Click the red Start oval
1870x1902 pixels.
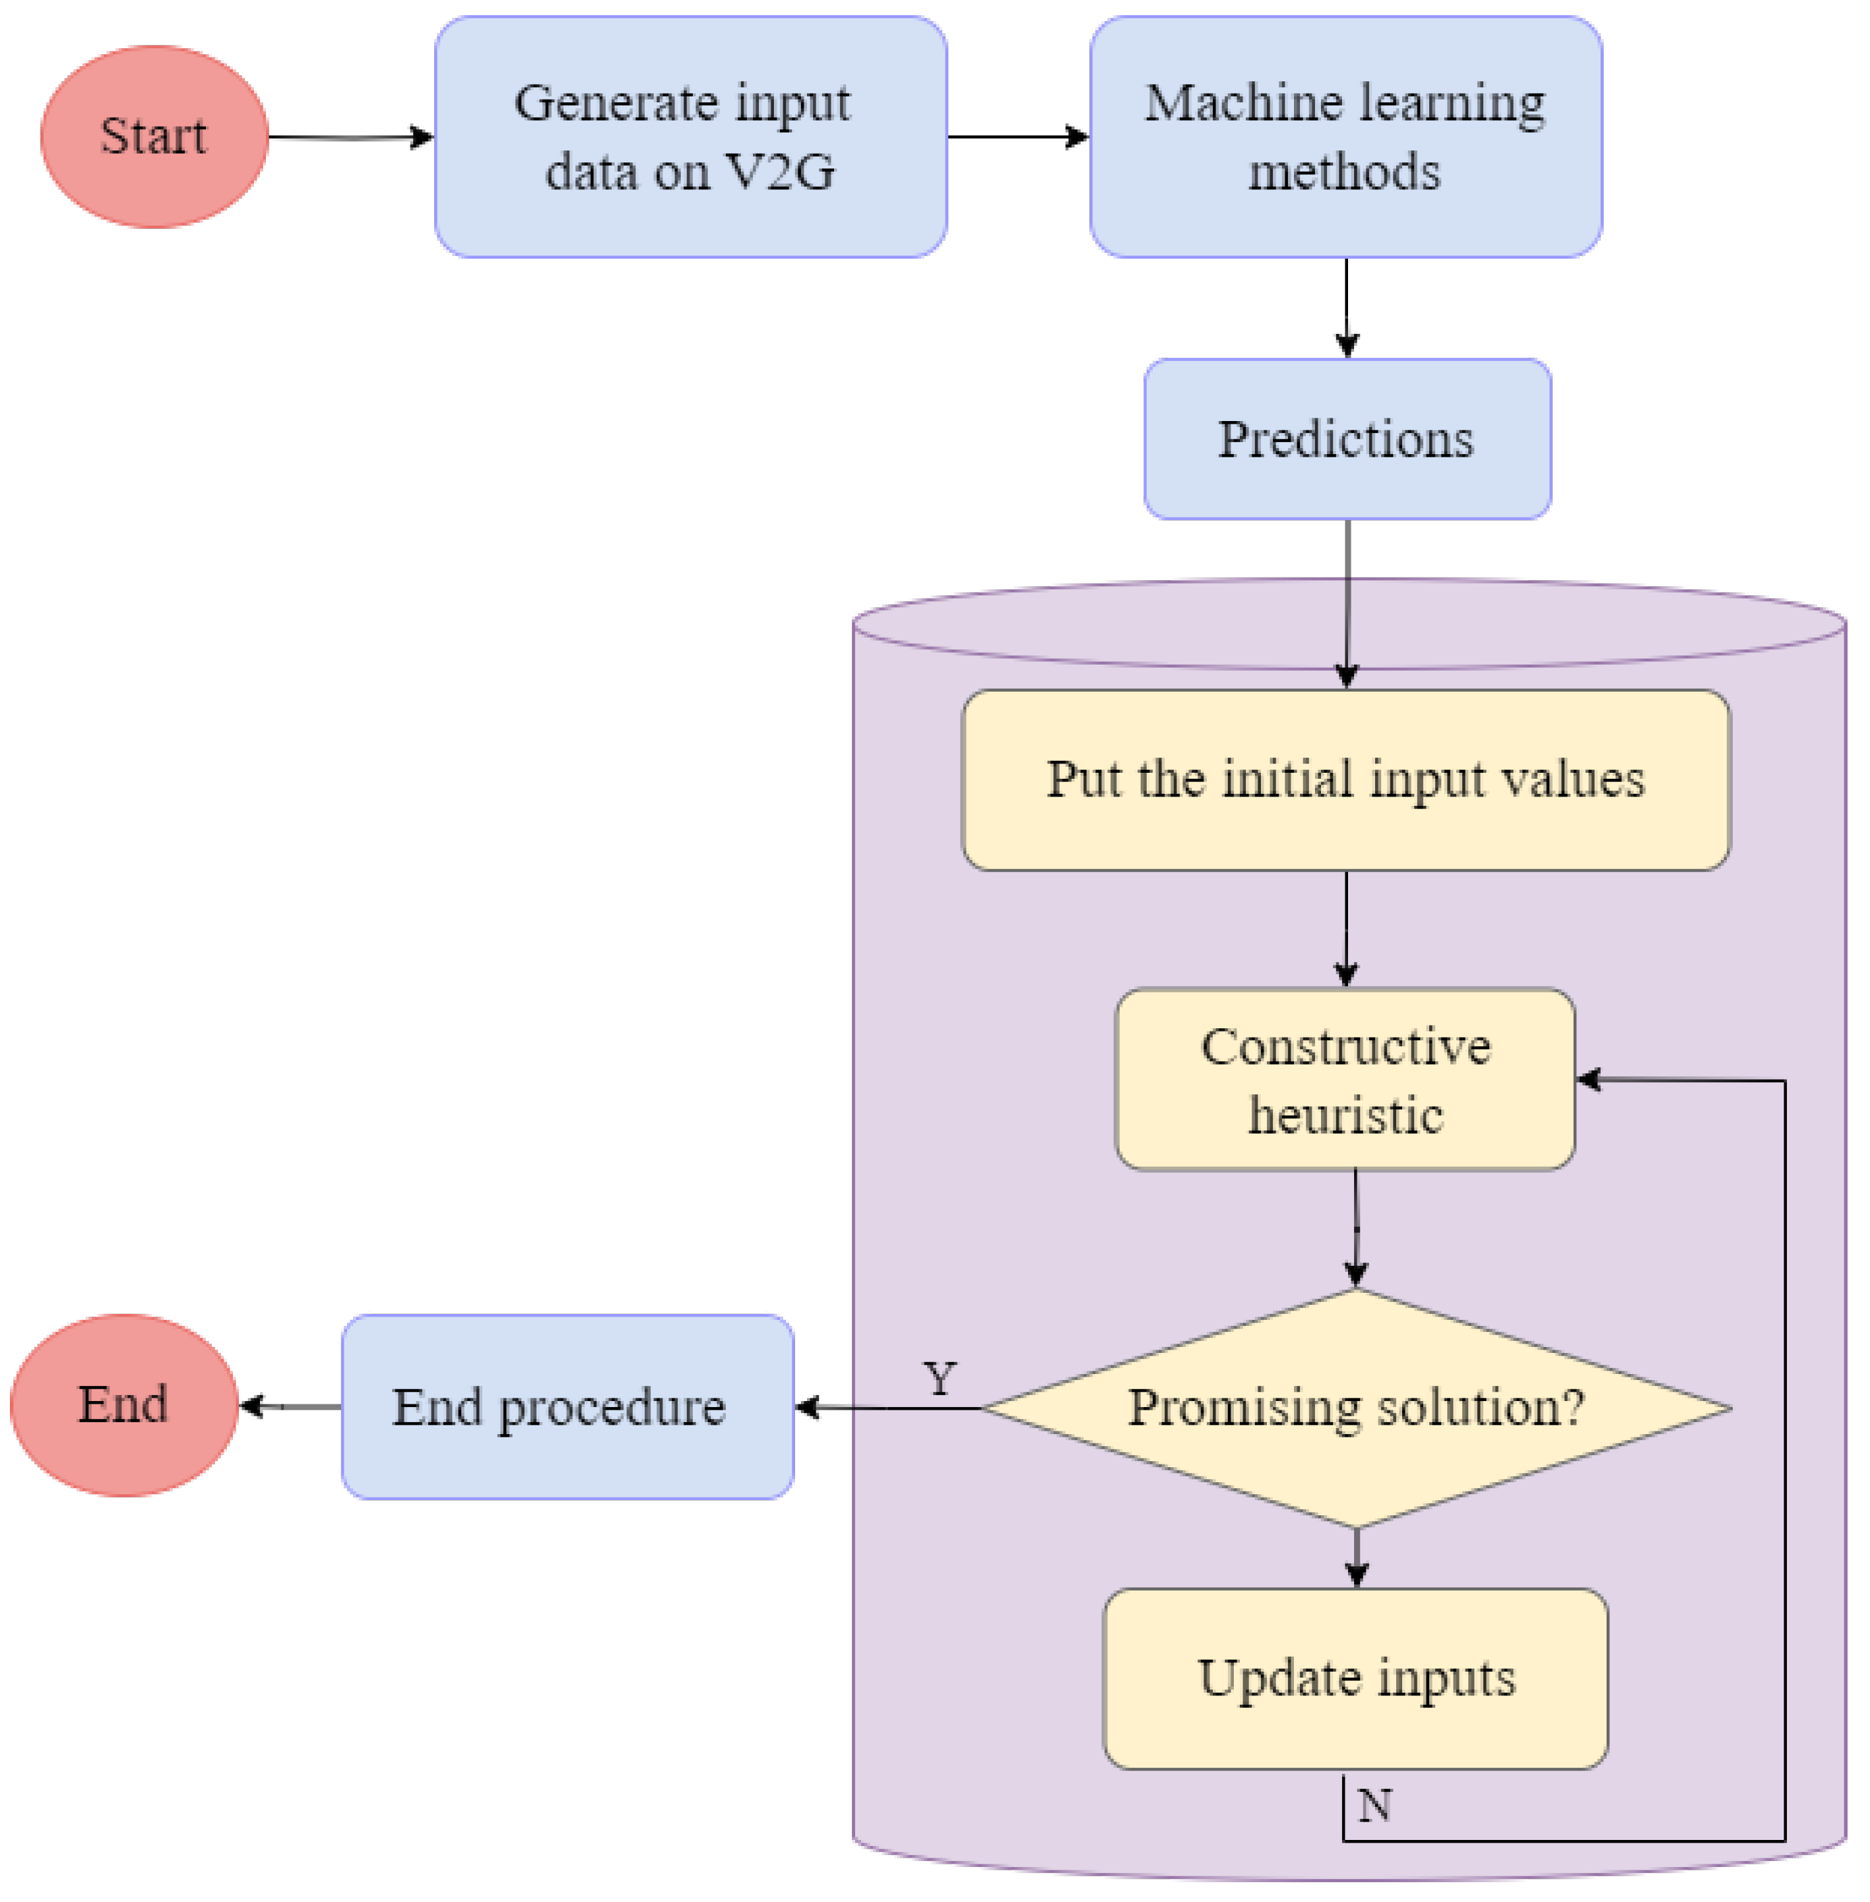point(154,137)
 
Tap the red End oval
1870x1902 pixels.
point(124,1405)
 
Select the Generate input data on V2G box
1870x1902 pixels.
point(690,137)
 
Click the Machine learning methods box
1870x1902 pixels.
point(1345,137)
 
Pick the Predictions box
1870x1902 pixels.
point(1347,439)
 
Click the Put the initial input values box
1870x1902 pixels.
point(1345,779)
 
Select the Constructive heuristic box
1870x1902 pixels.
point(1345,1079)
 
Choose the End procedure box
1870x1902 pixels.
point(567,1407)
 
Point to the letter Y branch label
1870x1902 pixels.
point(940,1379)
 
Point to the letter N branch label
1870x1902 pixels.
point(1374,1806)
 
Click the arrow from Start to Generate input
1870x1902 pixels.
point(350,137)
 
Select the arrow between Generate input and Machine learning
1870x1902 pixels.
point(1017,137)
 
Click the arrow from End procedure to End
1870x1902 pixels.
point(290,1407)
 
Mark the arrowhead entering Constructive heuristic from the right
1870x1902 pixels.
point(1589,1080)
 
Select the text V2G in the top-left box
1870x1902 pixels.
point(780,172)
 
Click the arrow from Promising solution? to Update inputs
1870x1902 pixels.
point(1357,1557)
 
